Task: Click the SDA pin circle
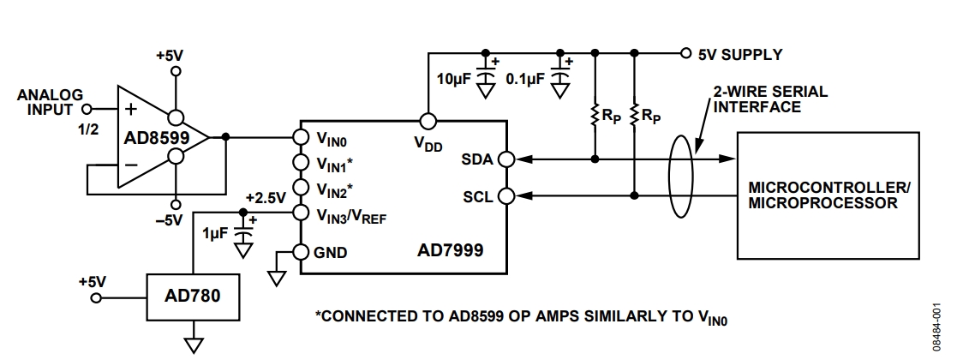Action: (506, 159)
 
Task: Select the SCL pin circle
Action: (506, 195)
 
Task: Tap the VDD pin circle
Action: (426, 121)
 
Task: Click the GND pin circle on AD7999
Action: (300, 252)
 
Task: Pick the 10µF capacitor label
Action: (454, 81)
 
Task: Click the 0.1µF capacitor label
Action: (524, 81)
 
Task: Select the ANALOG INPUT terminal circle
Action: (86, 110)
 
